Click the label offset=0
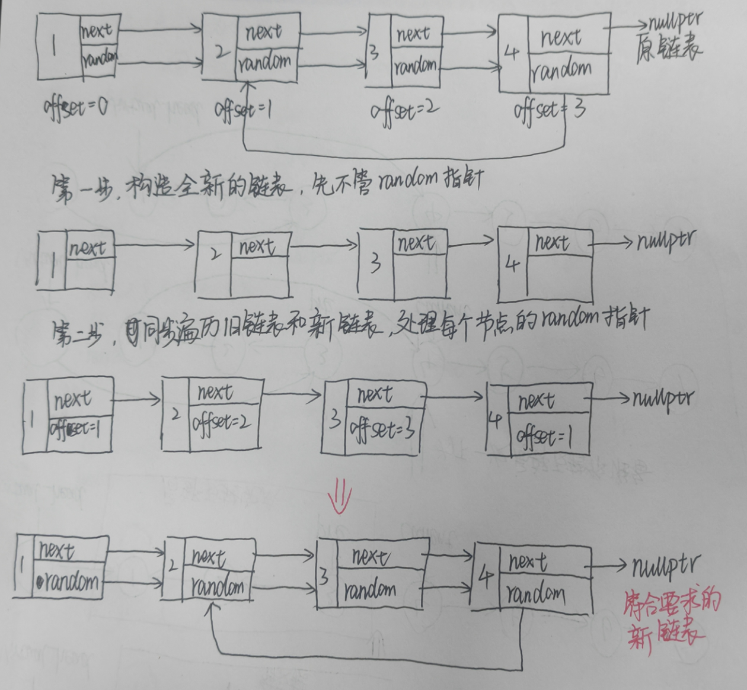[75, 108]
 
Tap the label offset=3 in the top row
[550, 110]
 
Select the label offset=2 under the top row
[405, 110]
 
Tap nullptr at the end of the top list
[675, 23]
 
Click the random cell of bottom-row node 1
[69, 582]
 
